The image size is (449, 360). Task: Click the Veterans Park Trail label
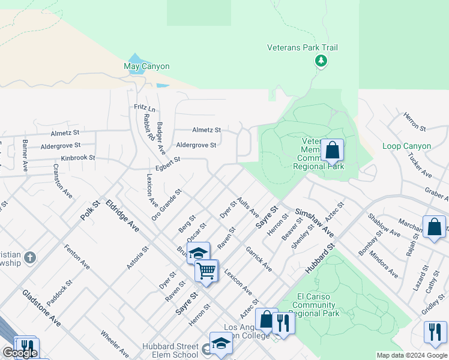pyautogui.click(x=303, y=47)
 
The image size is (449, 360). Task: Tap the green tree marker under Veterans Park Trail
pyautogui.click(x=321, y=61)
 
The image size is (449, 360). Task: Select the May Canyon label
pyautogui.click(x=146, y=66)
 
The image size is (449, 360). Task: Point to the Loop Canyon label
pyautogui.click(x=407, y=146)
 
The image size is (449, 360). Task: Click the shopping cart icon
pyautogui.click(x=206, y=271)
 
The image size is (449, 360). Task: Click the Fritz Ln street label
pyautogui.click(x=144, y=108)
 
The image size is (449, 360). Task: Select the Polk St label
pyautogui.click(x=91, y=207)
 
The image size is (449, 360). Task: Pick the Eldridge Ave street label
pyautogui.click(x=122, y=216)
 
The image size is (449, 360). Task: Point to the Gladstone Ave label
pyautogui.click(x=41, y=308)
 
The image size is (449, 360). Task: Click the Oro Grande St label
pyautogui.click(x=166, y=204)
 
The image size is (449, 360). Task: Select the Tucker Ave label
pyautogui.click(x=420, y=164)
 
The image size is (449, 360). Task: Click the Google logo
pyautogui.click(x=20, y=353)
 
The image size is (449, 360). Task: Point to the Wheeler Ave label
pyautogui.click(x=114, y=343)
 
